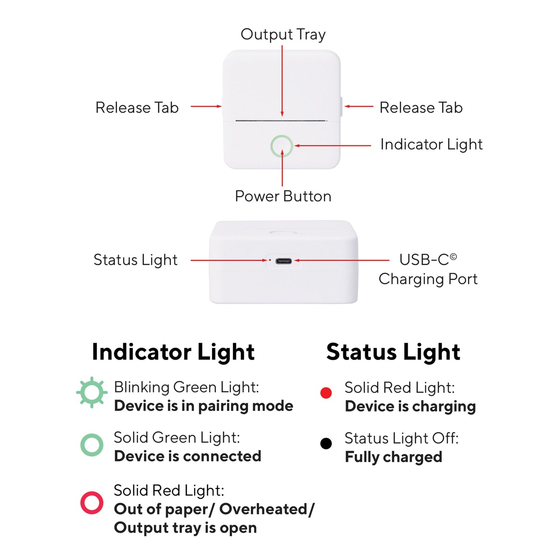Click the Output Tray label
pyautogui.click(x=283, y=34)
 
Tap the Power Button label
pyautogui.click(x=283, y=196)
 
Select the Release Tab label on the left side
pyautogui.click(x=137, y=107)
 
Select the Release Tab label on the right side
pyautogui.click(x=421, y=107)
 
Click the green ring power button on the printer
pyautogui.click(x=271, y=146)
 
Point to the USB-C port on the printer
pyautogui.click(x=283, y=261)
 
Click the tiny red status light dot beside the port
pyautogui.click(x=270, y=260)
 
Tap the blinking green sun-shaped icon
pyautogui.click(x=92, y=392)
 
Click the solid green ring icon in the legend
pyautogui.click(x=81, y=445)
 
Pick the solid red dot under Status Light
pyautogui.click(x=326, y=393)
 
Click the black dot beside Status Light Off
pyautogui.click(x=326, y=444)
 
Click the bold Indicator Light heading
pyautogui.click(x=173, y=352)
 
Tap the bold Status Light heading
pyautogui.click(x=393, y=352)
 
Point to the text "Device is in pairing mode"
pyautogui.click(x=203, y=406)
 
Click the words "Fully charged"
pyautogui.click(x=393, y=457)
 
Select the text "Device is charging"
pyautogui.click(x=410, y=406)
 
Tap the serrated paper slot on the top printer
pyautogui.click(x=281, y=120)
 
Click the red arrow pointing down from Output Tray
pyautogui.click(x=282, y=81)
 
